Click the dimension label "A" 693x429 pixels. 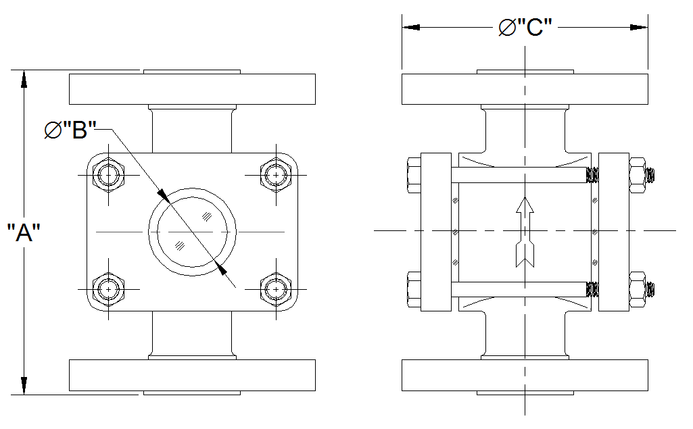[x=24, y=234]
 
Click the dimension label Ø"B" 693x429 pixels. [x=70, y=130]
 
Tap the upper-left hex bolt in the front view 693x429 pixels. [x=108, y=175]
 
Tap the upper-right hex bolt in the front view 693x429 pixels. [x=275, y=175]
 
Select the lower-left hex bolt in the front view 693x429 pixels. [x=108, y=289]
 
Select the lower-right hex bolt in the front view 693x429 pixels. [x=275, y=289]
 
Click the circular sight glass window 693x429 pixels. [x=192, y=232]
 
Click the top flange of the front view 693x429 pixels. [x=192, y=88]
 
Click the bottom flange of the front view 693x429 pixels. [x=192, y=376]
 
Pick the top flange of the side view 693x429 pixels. [x=525, y=88]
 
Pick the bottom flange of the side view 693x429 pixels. [x=525, y=376]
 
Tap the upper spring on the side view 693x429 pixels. [x=592, y=175]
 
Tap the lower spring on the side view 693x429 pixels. [x=592, y=289]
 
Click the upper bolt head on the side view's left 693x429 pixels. [x=414, y=175]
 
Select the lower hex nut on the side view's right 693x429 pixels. [x=637, y=289]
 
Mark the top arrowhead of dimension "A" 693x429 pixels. [x=24, y=78]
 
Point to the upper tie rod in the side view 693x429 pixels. [x=517, y=175]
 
